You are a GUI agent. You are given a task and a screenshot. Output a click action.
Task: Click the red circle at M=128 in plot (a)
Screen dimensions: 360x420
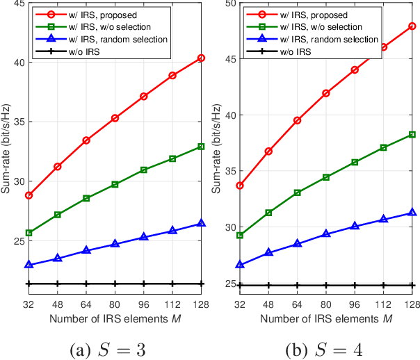coord(201,58)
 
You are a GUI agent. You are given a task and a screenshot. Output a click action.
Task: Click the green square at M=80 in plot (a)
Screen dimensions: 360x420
coord(115,184)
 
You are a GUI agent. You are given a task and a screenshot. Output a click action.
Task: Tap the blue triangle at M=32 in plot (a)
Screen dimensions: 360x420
coord(29,265)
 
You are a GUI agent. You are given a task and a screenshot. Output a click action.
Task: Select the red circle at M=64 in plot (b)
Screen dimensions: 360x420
coord(297,120)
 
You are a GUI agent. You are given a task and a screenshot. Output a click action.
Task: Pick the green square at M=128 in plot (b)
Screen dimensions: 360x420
coord(412,134)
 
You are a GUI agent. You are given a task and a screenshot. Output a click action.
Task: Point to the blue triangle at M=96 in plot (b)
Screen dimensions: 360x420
coord(355,226)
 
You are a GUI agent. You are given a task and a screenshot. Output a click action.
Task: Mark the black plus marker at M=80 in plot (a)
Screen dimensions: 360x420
coord(115,284)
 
